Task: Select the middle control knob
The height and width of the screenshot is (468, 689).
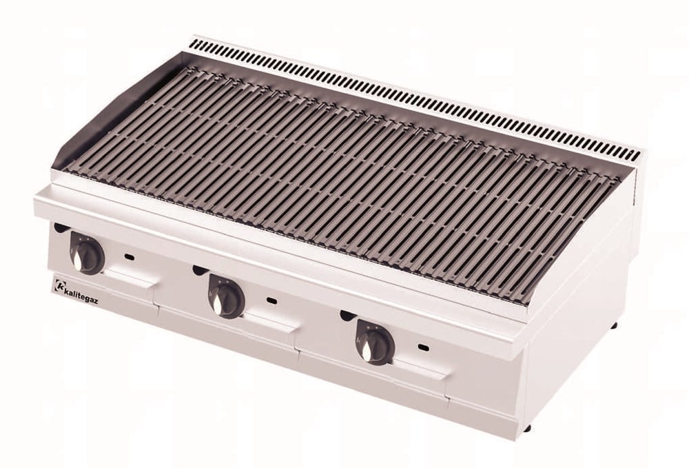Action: click(226, 294)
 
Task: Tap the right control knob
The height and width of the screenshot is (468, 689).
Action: click(375, 341)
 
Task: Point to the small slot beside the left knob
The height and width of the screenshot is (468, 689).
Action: click(130, 256)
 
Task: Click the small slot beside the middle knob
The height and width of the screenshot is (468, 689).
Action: click(272, 301)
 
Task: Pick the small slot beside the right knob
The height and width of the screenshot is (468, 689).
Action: click(424, 348)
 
